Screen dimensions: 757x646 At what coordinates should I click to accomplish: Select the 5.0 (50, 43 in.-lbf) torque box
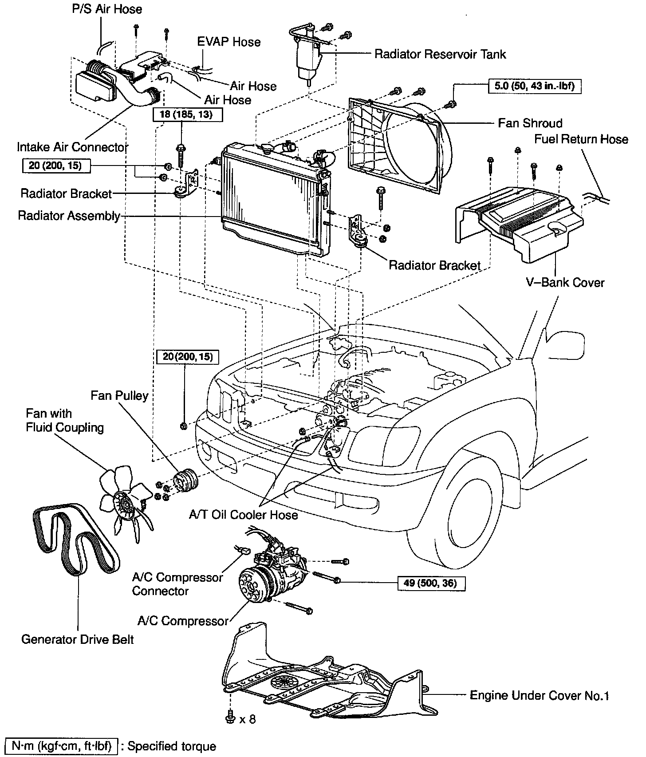click(x=535, y=86)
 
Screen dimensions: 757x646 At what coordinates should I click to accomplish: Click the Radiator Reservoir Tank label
click(x=440, y=54)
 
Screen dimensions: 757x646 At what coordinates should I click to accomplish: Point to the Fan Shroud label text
click(x=530, y=123)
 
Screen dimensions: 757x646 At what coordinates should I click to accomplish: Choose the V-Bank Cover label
click(x=564, y=282)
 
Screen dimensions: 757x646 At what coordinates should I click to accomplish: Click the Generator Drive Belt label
click(x=78, y=639)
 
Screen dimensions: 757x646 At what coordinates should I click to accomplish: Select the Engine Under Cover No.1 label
click(x=539, y=695)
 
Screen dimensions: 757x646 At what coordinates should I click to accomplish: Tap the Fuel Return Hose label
click(x=581, y=139)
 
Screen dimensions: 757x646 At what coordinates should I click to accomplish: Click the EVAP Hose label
click(x=228, y=42)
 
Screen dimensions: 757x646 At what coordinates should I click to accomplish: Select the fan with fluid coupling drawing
click(x=125, y=499)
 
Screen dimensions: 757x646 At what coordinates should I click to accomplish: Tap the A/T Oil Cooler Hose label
click(x=244, y=515)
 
